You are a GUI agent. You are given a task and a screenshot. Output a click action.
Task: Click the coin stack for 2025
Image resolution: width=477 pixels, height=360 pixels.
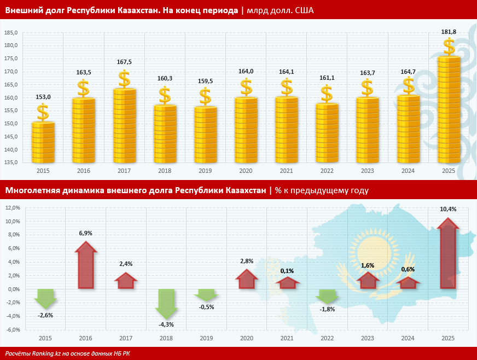(449, 109)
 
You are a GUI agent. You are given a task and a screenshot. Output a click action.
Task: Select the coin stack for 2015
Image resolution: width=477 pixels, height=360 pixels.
(43, 143)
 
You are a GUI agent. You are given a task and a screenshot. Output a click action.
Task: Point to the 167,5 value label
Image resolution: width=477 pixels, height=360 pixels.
(124, 62)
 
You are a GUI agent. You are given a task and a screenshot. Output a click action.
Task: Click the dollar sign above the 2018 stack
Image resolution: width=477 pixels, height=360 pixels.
(165, 95)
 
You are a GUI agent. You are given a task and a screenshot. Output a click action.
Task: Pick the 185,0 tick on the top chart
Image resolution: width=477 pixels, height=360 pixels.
(10, 32)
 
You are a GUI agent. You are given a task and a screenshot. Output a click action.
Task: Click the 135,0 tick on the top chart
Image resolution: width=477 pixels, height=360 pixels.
(10, 162)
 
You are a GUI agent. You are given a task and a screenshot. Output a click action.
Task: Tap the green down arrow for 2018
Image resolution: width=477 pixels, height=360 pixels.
(166, 304)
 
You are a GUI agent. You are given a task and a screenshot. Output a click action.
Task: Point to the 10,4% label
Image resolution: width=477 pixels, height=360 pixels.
(448, 209)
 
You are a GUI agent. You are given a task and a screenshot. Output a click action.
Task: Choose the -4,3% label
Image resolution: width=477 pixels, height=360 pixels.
(166, 324)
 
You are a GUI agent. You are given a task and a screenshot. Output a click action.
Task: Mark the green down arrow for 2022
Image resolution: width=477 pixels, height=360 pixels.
(327, 296)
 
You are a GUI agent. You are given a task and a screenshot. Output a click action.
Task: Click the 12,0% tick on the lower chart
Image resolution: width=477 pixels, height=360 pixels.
(12, 208)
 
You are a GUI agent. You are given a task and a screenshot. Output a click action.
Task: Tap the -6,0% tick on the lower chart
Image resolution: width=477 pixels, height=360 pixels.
(12, 329)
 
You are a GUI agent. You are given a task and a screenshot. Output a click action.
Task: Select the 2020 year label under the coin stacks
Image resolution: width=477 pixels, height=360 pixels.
(246, 171)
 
